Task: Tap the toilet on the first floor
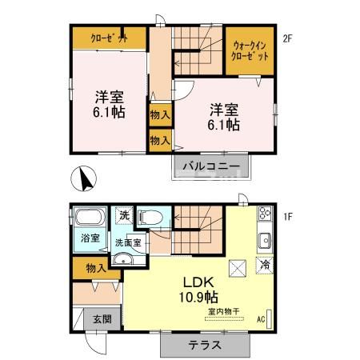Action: (150, 218)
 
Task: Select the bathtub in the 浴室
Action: (90, 217)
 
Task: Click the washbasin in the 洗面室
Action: (123, 259)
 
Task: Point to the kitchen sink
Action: (265, 241)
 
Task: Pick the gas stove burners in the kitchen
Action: (265, 213)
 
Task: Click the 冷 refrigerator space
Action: (265, 266)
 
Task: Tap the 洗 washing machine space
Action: (124, 215)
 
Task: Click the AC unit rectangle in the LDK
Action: (269, 319)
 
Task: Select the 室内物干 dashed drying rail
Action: (224, 318)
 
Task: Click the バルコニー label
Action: (211, 166)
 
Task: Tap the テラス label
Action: (205, 345)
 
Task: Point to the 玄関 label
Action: (102, 319)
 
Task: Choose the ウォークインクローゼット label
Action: (250, 51)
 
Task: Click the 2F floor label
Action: (287, 39)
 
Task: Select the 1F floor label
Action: (287, 216)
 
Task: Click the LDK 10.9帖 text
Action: (198, 290)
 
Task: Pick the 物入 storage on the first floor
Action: (96, 268)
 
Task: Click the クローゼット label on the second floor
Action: (109, 38)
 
